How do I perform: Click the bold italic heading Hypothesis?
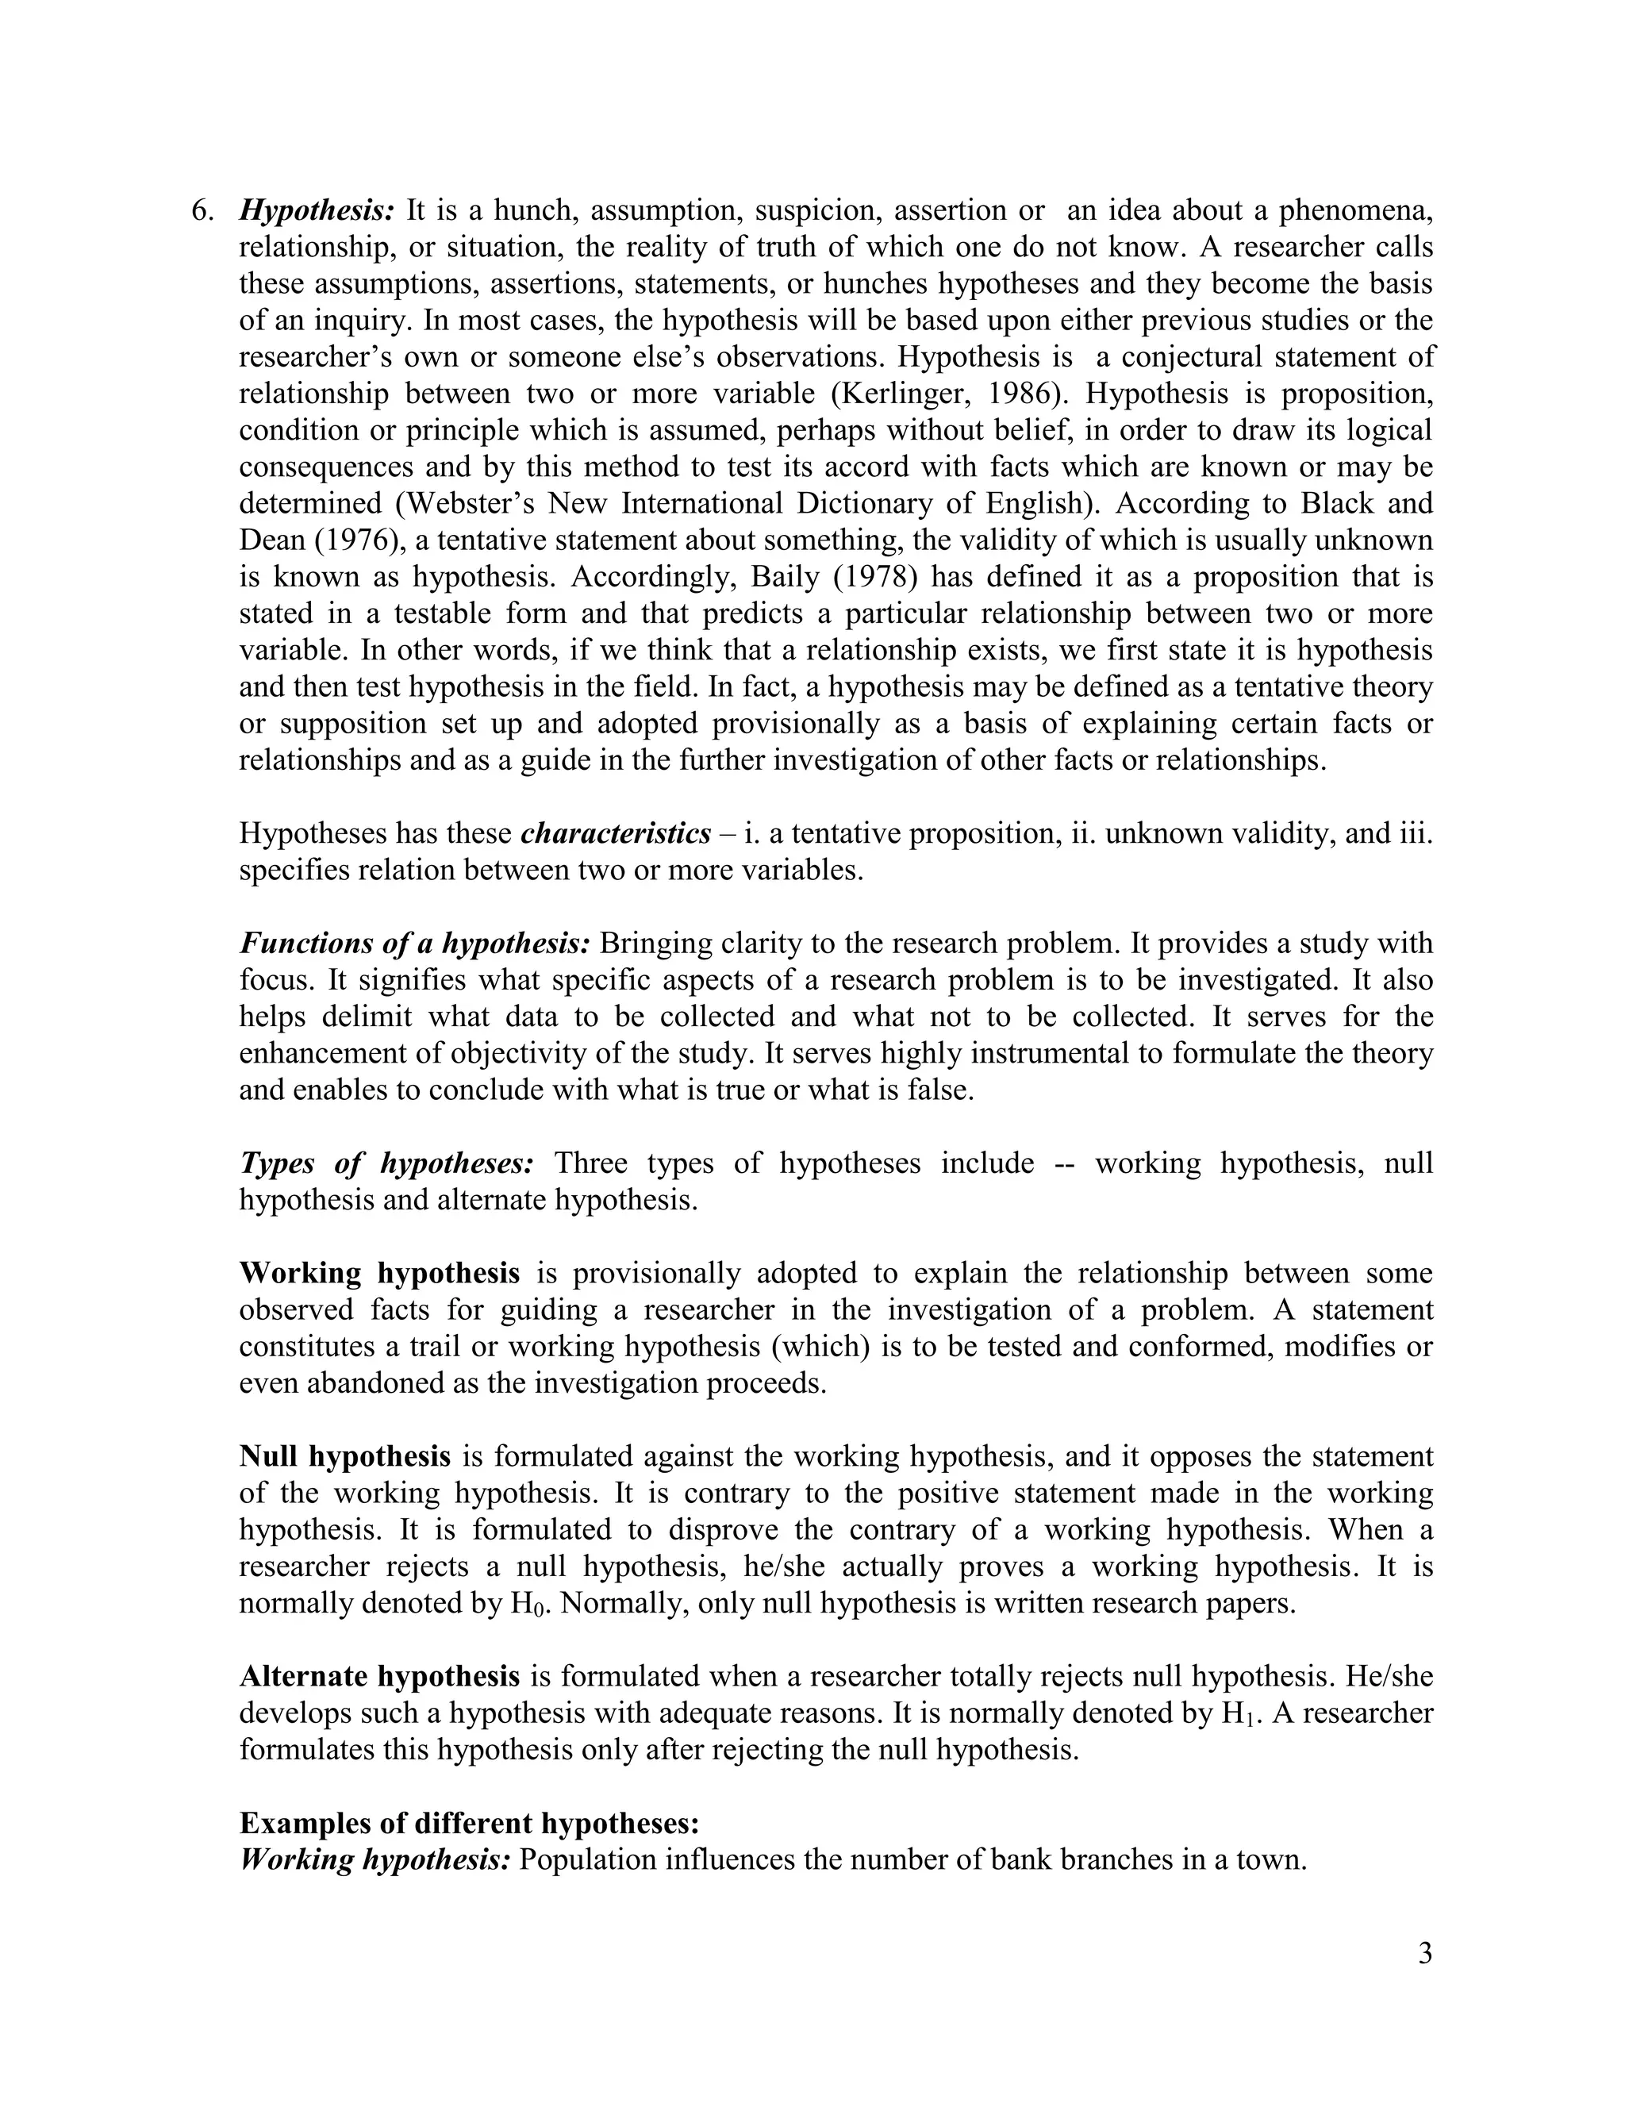coord(317,211)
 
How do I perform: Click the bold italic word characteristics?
coord(615,833)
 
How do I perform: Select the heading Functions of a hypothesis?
coord(414,944)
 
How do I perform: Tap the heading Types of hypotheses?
coord(386,1163)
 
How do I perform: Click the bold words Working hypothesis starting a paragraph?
coord(379,1273)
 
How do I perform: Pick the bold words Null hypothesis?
coord(344,1456)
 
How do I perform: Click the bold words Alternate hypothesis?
coord(379,1676)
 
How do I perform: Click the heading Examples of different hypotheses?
coord(469,1824)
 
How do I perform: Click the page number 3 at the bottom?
coord(1425,1954)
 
